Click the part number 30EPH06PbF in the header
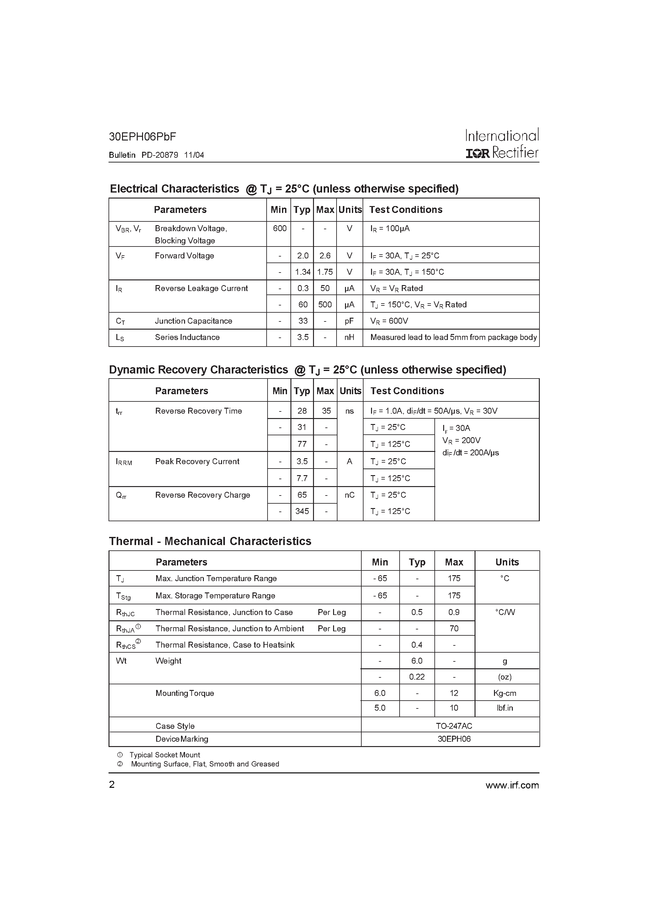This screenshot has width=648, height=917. (x=142, y=137)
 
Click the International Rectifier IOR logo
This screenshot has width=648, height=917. (x=477, y=153)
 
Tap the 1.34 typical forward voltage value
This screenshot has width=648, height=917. (x=302, y=272)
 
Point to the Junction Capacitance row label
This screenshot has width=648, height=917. (x=193, y=321)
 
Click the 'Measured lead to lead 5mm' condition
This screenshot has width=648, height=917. (x=453, y=337)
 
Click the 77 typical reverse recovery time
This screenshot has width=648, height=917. (x=302, y=444)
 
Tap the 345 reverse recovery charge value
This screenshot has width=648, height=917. (x=302, y=511)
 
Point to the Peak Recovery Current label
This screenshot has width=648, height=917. (x=197, y=461)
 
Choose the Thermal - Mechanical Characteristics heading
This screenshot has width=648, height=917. (x=210, y=541)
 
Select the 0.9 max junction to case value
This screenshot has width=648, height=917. (x=454, y=612)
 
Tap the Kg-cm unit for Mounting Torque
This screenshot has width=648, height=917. (x=505, y=693)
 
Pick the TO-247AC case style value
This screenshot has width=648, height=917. (x=454, y=726)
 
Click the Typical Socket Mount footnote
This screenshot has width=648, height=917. (x=165, y=755)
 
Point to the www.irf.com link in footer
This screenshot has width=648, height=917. (x=512, y=785)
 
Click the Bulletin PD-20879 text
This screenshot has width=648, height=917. (x=143, y=155)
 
